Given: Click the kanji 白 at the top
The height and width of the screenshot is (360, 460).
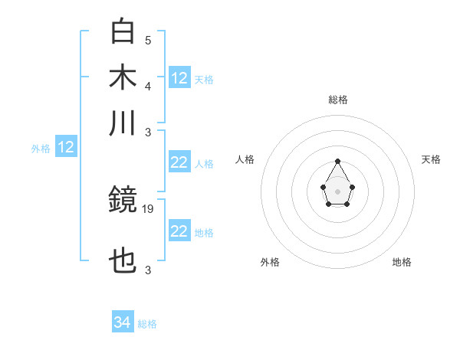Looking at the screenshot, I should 123,32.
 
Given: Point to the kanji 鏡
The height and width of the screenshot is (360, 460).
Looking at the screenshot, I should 123,201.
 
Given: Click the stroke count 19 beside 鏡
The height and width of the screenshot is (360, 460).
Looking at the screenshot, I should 149,208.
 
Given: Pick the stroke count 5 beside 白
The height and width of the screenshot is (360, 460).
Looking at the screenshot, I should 148,40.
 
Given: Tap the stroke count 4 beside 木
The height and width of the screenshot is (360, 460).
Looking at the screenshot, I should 148,85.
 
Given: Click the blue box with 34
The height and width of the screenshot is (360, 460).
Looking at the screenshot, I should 123,322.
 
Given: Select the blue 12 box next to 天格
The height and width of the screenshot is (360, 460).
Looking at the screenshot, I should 179,78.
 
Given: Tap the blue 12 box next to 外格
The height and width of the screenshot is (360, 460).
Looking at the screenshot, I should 66,148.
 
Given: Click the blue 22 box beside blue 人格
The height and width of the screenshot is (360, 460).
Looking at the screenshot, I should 179,162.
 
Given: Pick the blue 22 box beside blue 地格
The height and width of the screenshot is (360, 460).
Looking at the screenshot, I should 179,231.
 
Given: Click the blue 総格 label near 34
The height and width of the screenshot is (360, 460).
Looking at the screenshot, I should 147,324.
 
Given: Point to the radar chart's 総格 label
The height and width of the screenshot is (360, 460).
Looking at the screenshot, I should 337,100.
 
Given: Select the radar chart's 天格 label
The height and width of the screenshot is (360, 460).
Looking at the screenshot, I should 431,159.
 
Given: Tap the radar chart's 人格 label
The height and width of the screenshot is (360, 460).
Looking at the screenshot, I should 245,159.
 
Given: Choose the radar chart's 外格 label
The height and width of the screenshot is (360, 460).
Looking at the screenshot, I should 270,262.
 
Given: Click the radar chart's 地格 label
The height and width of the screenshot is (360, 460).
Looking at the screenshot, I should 402,262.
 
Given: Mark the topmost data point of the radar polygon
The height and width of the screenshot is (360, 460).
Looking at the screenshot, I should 337,161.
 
